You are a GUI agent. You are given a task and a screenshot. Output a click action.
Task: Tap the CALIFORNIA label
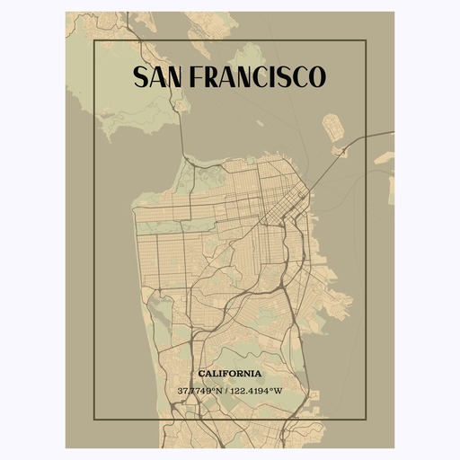pyautogui.click(x=230, y=373)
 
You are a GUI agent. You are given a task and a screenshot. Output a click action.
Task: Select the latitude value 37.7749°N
pyautogui.click(x=202, y=391)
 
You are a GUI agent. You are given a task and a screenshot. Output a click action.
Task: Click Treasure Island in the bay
pyautogui.click(x=333, y=127)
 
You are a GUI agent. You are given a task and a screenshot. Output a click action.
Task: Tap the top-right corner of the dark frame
pyautogui.click(x=365, y=40)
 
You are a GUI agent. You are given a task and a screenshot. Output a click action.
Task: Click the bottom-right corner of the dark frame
pyautogui.click(x=365, y=419)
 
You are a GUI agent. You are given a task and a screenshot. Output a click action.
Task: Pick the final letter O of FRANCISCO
pyautogui.click(x=316, y=77)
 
